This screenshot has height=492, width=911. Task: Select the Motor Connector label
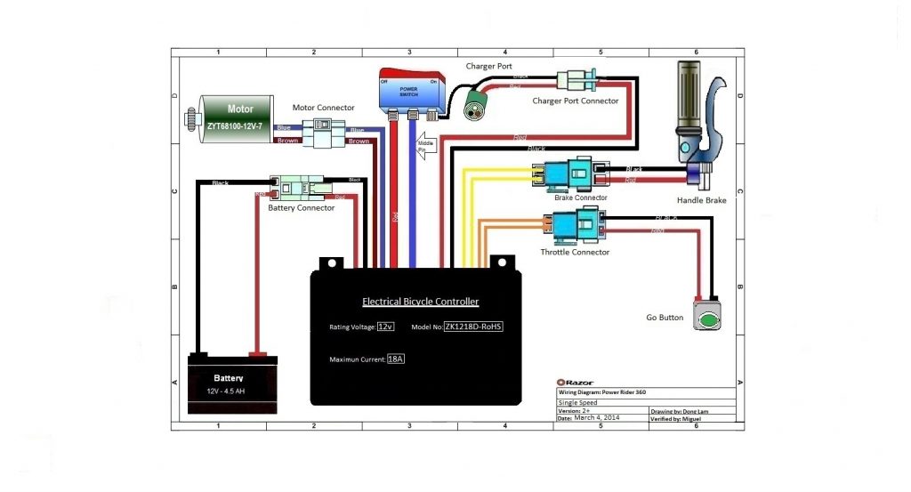point(324,109)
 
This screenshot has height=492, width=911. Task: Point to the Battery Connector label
point(302,208)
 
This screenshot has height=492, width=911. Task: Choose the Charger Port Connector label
point(575,101)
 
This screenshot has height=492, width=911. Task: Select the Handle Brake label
point(701,201)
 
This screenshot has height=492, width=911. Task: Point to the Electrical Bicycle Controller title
point(420,302)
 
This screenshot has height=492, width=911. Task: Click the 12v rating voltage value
point(385,327)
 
